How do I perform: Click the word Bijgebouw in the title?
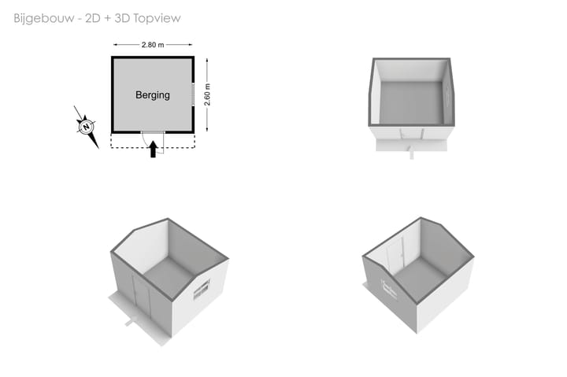pyautogui.click(x=44, y=18)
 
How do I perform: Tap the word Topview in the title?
pyautogui.click(x=157, y=18)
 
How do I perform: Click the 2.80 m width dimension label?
pyautogui.click(x=153, y=45)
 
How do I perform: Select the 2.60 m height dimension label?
pyautogui.click(x=207, y=94)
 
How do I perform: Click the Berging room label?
pyautogui.click(x=153, y=95)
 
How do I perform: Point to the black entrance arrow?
pyautogui.click(x=153, y=149)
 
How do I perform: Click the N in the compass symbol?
pyautogui.click(x=86, y=127)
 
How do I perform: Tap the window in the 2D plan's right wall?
pyautogui.click(x=193, y=94)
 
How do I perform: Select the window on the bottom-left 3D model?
pyautogui.click(x=202, y=290)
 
